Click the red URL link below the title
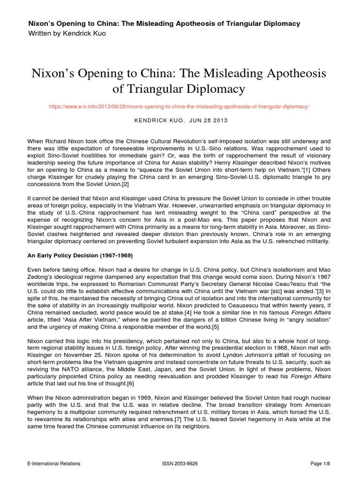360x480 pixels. pyautogui.click(x=179, y=106)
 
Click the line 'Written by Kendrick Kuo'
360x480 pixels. pyautogui.click(x=67, y=33)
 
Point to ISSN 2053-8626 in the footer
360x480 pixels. pyautogui.click(x=180, y=464)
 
